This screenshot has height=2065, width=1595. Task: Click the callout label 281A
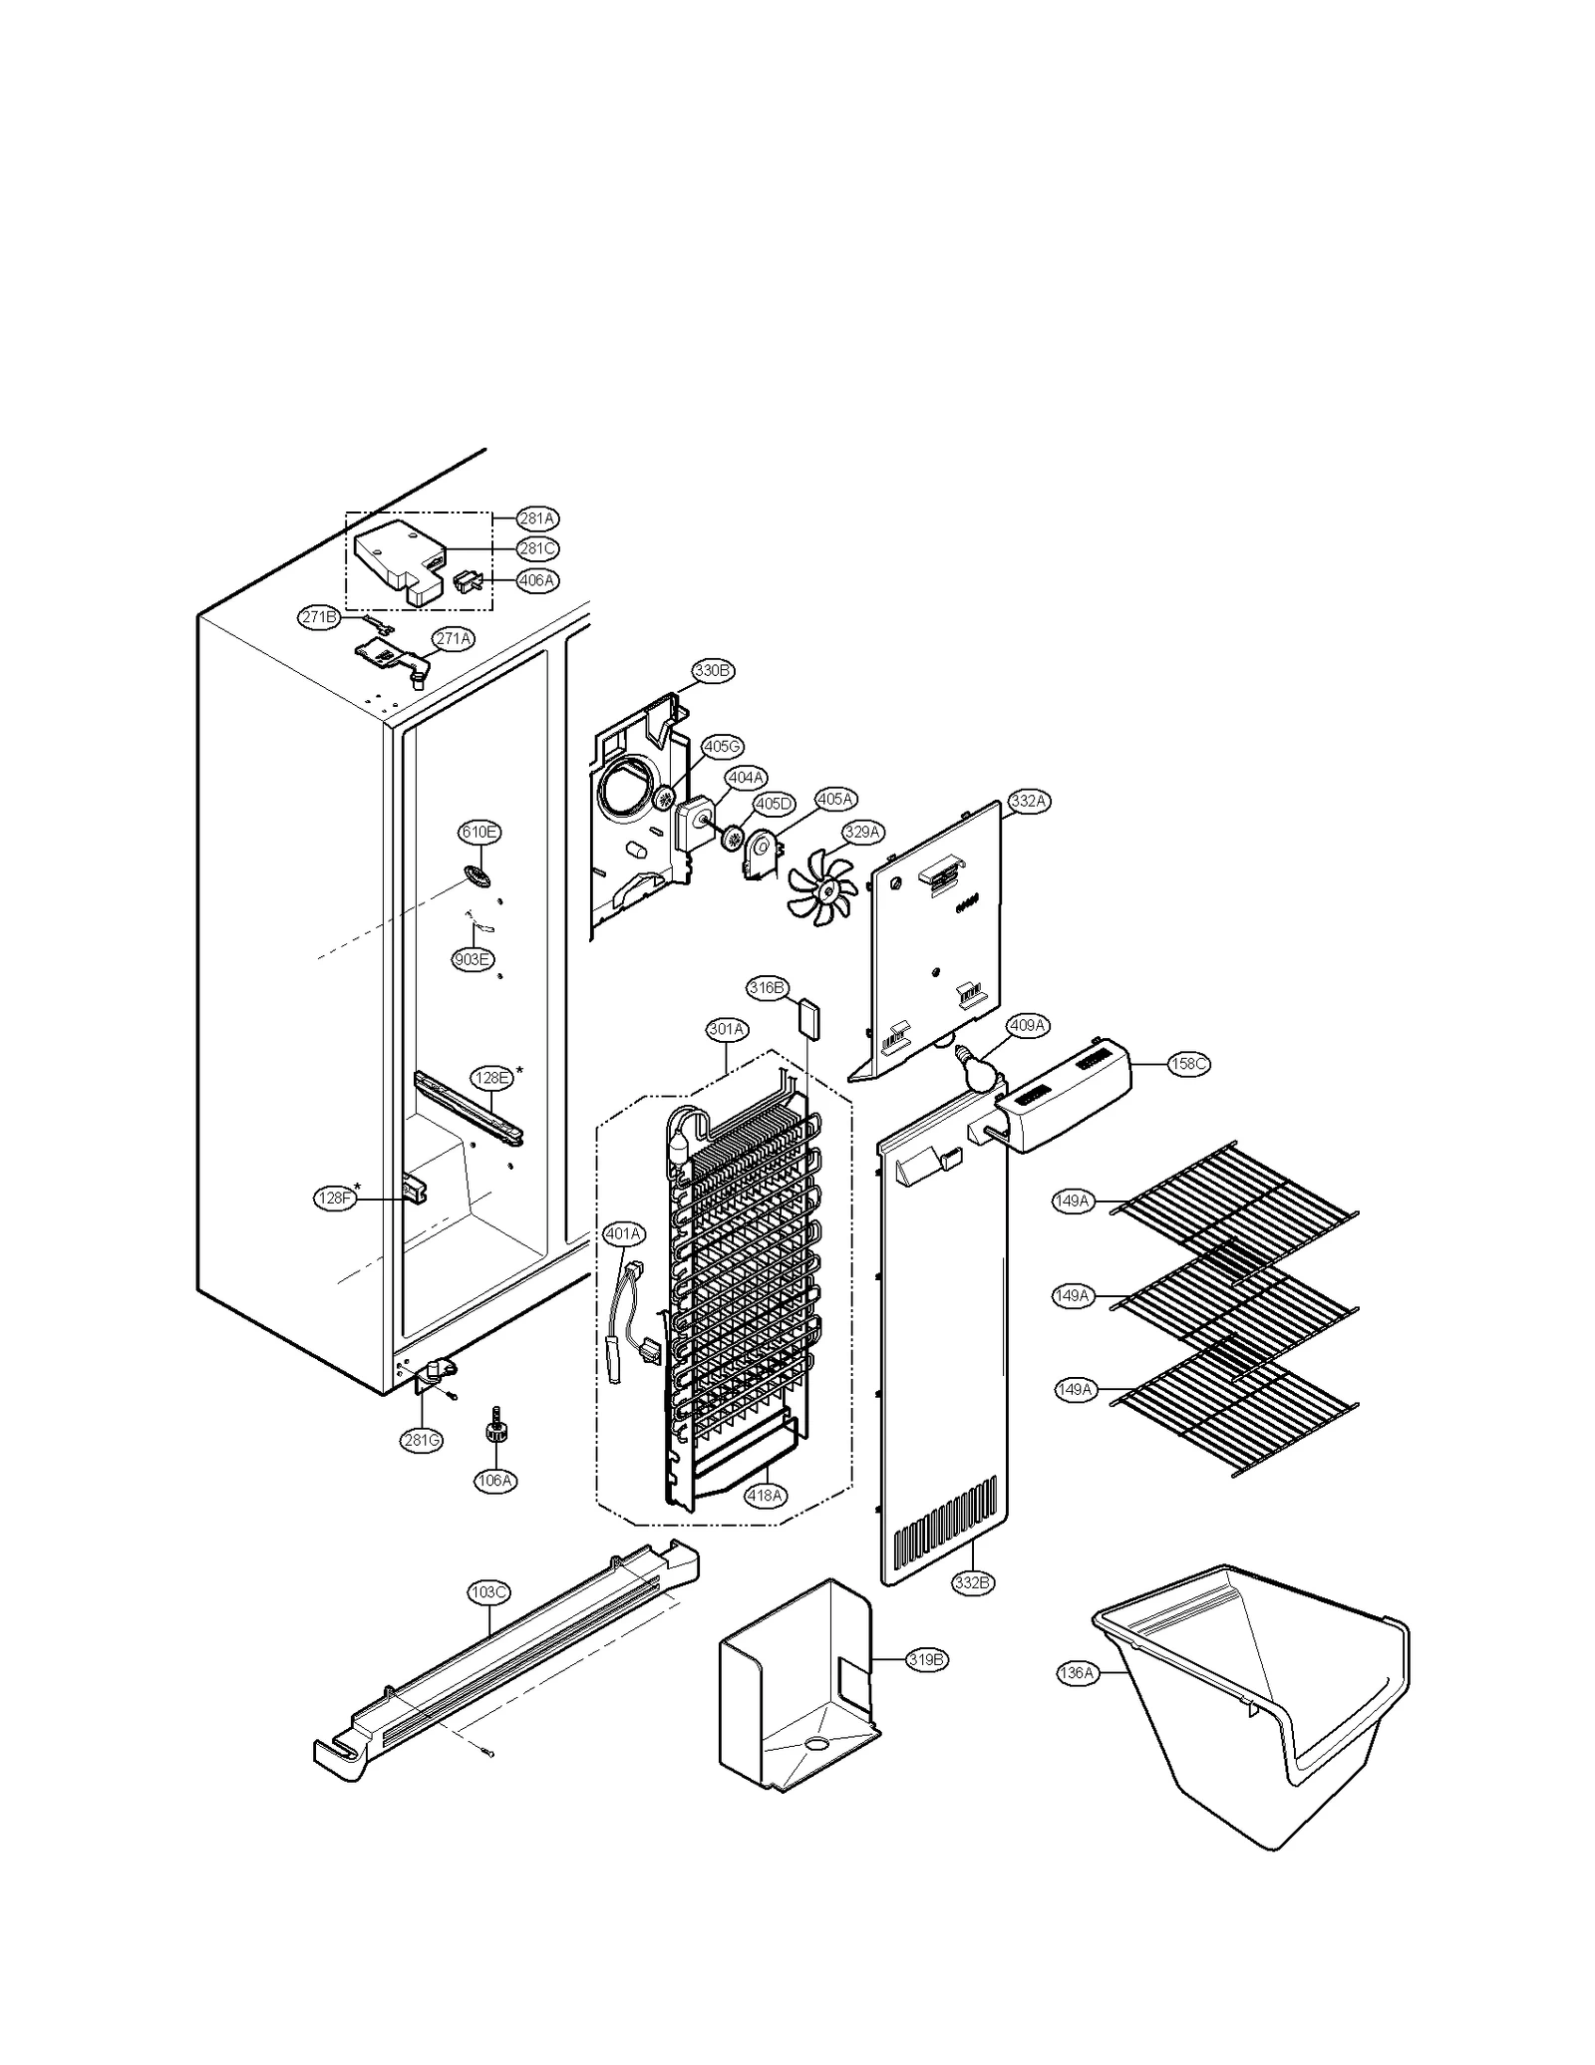tap(537, 518)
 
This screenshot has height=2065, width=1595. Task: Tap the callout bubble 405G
tap(723, 747)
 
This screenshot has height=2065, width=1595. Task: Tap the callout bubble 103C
tap(488, 1592)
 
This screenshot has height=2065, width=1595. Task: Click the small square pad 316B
tap(808, 1020)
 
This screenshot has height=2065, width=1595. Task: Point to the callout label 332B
tap(973, 1582)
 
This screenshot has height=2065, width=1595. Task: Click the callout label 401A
tap(624, 1234)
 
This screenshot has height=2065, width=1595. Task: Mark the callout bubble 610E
tap(478, 832)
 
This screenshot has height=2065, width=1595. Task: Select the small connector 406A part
tap(467, 580)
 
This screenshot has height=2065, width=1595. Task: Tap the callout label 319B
tap(926, 1660)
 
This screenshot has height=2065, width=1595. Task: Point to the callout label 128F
tap(335, 1199)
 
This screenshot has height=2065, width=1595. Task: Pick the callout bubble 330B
tap(713, 671)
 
